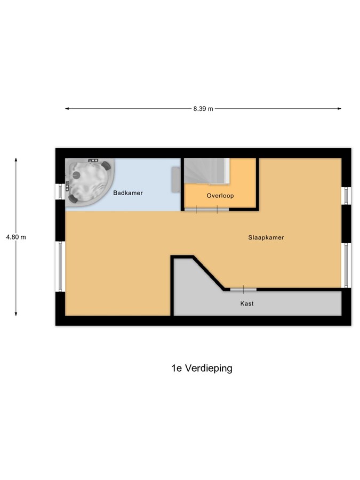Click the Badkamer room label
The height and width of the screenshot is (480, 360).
127,193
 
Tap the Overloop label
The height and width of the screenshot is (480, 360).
220,196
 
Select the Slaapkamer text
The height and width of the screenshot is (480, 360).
266,237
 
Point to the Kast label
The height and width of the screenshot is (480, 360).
247,303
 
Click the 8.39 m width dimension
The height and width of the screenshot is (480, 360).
203,109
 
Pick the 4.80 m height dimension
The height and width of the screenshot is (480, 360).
16,237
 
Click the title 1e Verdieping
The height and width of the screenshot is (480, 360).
202,368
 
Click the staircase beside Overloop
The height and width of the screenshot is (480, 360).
207,171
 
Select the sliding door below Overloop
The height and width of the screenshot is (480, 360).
206,210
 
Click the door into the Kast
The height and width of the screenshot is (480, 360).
243,289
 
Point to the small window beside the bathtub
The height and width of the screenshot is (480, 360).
60,191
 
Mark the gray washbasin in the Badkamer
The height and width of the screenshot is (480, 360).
176,180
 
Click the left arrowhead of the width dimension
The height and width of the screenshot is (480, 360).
67,108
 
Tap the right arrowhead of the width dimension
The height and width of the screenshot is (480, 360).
340,108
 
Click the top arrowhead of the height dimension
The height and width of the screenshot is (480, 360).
16,160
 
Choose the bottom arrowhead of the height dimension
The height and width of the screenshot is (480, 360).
16,314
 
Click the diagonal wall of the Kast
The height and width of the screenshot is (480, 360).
209,273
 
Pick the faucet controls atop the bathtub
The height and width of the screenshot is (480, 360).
93,161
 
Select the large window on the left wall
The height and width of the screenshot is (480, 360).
60,266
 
